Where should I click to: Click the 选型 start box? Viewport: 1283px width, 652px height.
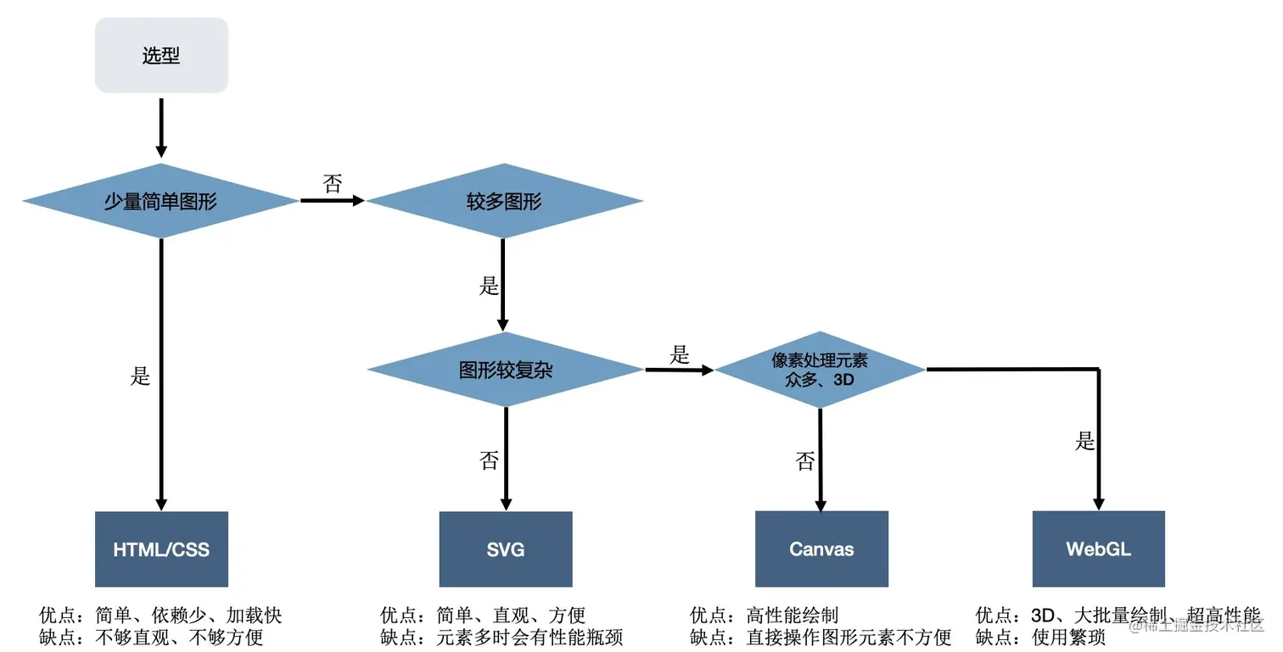(x=161, y=56)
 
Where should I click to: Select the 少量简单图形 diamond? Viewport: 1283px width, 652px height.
(x=160, y=202)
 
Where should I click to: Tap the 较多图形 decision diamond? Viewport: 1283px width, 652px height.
(x=504, y=202)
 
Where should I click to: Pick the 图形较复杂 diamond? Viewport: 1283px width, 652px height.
(x=505, y=371)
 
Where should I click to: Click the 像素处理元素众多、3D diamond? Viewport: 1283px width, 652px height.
(x=820, y=371)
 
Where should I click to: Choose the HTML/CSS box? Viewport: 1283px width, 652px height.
(x=161, y=549)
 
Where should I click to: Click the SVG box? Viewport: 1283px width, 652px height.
(x=506, y=549)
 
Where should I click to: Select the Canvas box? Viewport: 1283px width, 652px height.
(x=821, y=549)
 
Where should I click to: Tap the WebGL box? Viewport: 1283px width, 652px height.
(x=1099, y=549)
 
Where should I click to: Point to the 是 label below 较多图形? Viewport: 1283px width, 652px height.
(x=490, y=286)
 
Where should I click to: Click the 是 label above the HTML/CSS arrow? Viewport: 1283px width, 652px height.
(x=141, y=376)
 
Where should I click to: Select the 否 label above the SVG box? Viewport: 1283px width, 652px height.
(x=490, y=461)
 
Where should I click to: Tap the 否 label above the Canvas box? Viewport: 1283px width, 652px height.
(x=805, y=461)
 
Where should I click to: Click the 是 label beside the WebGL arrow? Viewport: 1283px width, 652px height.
(x=1085, y=442)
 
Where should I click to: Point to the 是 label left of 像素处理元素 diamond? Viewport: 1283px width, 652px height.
(x=680, y=355)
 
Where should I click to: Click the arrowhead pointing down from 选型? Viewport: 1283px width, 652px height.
(x=161, y=151)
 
